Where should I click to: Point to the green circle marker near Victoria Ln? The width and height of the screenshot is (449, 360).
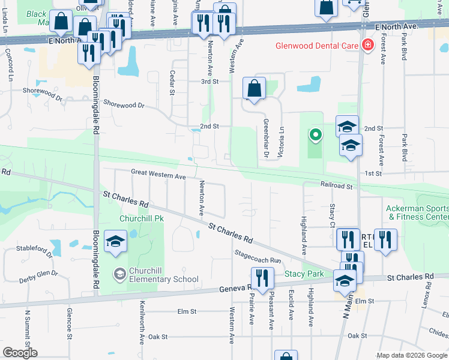coord(315,135)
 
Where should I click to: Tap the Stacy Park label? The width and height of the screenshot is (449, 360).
coord(304,274)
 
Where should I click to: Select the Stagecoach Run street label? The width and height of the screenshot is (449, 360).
coord(258,257)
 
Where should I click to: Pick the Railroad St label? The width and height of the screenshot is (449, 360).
coord(337,186)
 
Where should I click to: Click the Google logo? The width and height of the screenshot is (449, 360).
coord(20,353)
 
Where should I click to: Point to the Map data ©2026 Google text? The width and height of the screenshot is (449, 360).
coord(411,355)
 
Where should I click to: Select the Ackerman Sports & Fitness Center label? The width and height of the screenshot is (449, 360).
coord(417,212)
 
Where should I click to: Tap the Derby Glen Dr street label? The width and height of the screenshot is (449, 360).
coord(38,276)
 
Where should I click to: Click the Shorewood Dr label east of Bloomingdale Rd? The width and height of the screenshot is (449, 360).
coord(124,105)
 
